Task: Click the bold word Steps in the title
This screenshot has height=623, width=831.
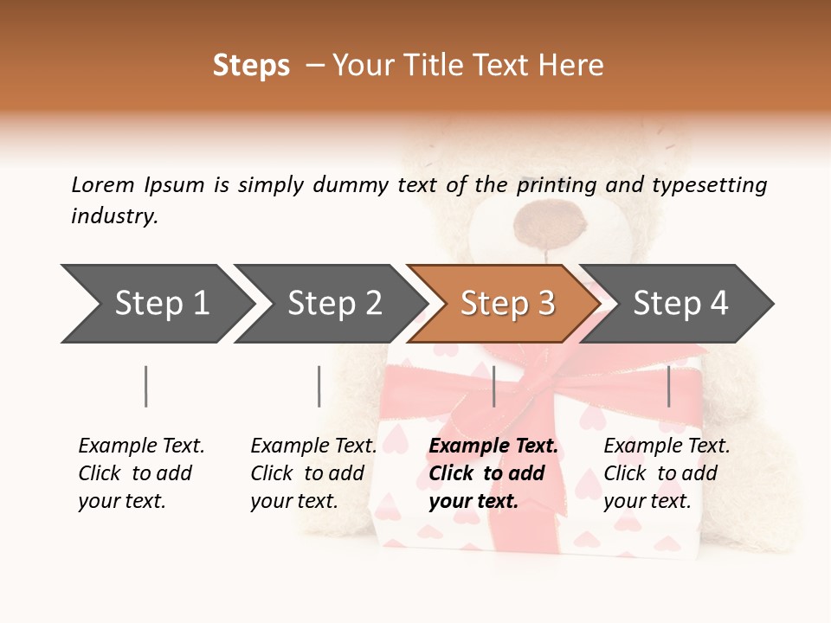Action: [251, 66]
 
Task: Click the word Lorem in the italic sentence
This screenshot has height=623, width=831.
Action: [103, 184]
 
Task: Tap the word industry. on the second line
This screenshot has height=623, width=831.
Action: [114, 215]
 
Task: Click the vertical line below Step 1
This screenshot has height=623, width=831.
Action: [145, 386]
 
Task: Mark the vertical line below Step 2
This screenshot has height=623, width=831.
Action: [319, 386]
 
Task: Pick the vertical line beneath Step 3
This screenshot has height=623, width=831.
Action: [493, 386]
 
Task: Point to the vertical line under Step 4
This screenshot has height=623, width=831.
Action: [668, 386]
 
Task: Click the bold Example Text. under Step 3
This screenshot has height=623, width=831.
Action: [493, 446]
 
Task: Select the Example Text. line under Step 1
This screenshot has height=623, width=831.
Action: [141, 446]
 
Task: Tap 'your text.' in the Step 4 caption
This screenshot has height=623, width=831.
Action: [647, 501]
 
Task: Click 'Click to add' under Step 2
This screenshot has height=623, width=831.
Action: [307, 473]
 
